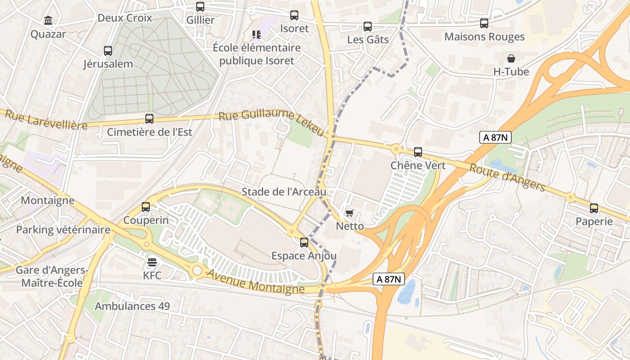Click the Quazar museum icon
click(48, 21)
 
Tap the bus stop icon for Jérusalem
click(108, 50)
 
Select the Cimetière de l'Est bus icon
click(149, 119)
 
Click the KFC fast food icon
click(152, 262)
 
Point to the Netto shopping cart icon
click(350, 213)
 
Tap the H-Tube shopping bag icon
click(511, 58)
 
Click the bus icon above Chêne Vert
click(418, 152)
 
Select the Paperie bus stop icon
click(594, 208)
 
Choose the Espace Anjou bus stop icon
click(304, 243)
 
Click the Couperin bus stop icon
click(146, 207)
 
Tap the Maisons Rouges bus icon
click(484, 23)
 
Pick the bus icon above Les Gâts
click(368, 27)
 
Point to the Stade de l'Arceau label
click(284, 192)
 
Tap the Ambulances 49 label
click(132, 306)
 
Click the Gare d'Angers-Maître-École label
click(52, 276)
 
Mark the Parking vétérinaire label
click(63, 230)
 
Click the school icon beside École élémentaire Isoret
click(256, 35)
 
